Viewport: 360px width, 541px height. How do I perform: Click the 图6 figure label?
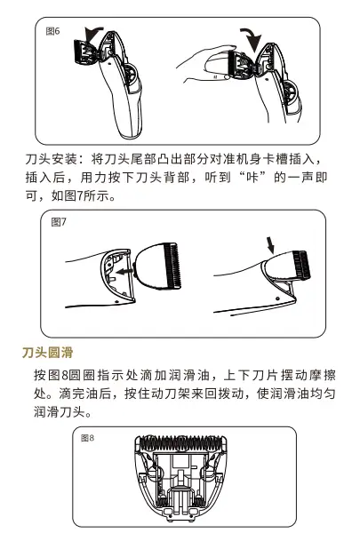(x=52, y=31)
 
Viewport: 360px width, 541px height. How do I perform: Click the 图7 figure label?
(x=59, y=222)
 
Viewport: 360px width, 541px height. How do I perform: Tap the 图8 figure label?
(x=87, y=438)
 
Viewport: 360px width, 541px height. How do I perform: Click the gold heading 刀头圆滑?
(x=48, y=353)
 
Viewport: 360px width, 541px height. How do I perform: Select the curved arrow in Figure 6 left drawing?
(x=92, y=32)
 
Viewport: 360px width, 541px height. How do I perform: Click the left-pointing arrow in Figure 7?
(x=125, y=272)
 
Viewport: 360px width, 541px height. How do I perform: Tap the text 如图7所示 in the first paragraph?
(x=83, y=195)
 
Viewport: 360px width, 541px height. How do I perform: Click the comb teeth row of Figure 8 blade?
(x=180, y=441)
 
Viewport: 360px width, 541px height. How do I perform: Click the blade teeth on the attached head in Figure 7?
(x=301, y=265)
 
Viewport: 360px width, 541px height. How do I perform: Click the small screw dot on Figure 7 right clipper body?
(x=277, y=298)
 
